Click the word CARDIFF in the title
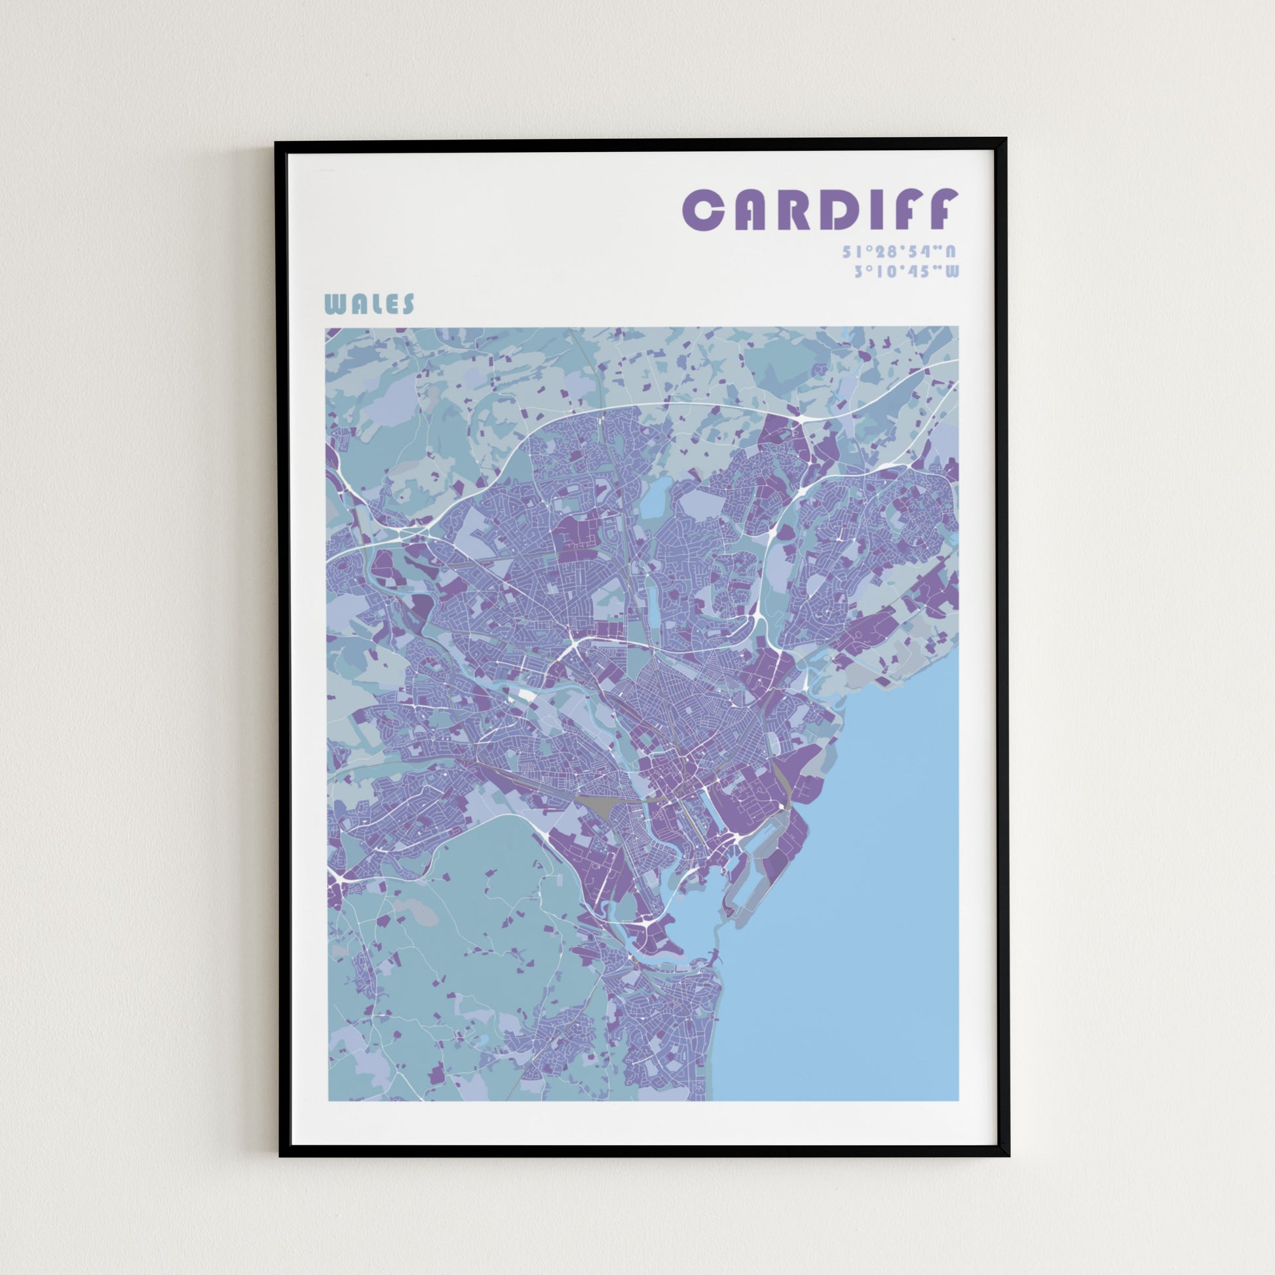click(x=819, y=210)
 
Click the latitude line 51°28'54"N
click(x=900, y=252)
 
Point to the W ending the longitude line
click(x=951, y=271)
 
